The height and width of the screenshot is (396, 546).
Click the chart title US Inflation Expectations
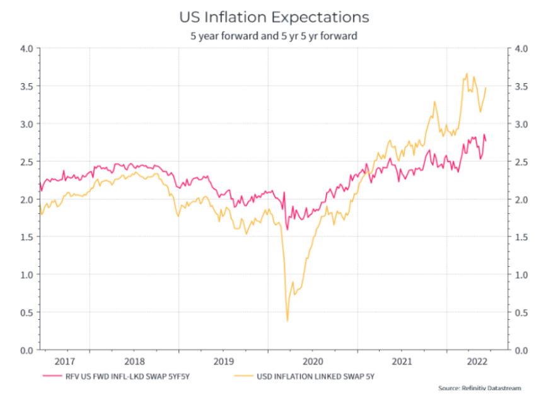point(274,16)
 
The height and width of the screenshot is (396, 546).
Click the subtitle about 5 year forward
point(274,36)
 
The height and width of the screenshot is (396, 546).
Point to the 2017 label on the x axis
point(65,361)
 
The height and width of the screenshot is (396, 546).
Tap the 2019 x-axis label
point(223,361)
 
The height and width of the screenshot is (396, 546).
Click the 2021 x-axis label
point(402,361)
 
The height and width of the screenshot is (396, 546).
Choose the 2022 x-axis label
point(476,361)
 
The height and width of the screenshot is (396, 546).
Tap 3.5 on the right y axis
point(522,86)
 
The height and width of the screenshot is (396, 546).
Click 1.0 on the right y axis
point(522,274)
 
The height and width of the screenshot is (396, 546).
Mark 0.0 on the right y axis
point(522,349)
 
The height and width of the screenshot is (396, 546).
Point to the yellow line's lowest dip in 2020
point(288,321)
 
